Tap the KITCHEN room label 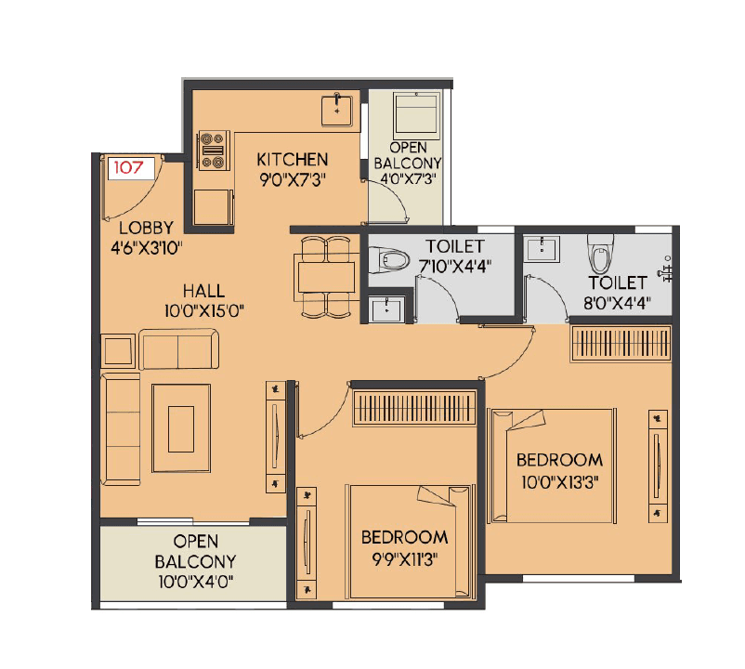[293, 159]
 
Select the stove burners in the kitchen [213, 151]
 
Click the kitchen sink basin [336, 110]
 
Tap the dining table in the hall [326, 277]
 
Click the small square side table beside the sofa [118, 352]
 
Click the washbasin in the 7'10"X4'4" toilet [385, 308]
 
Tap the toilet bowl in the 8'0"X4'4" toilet [598, 254]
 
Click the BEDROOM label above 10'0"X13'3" [559, 459]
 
